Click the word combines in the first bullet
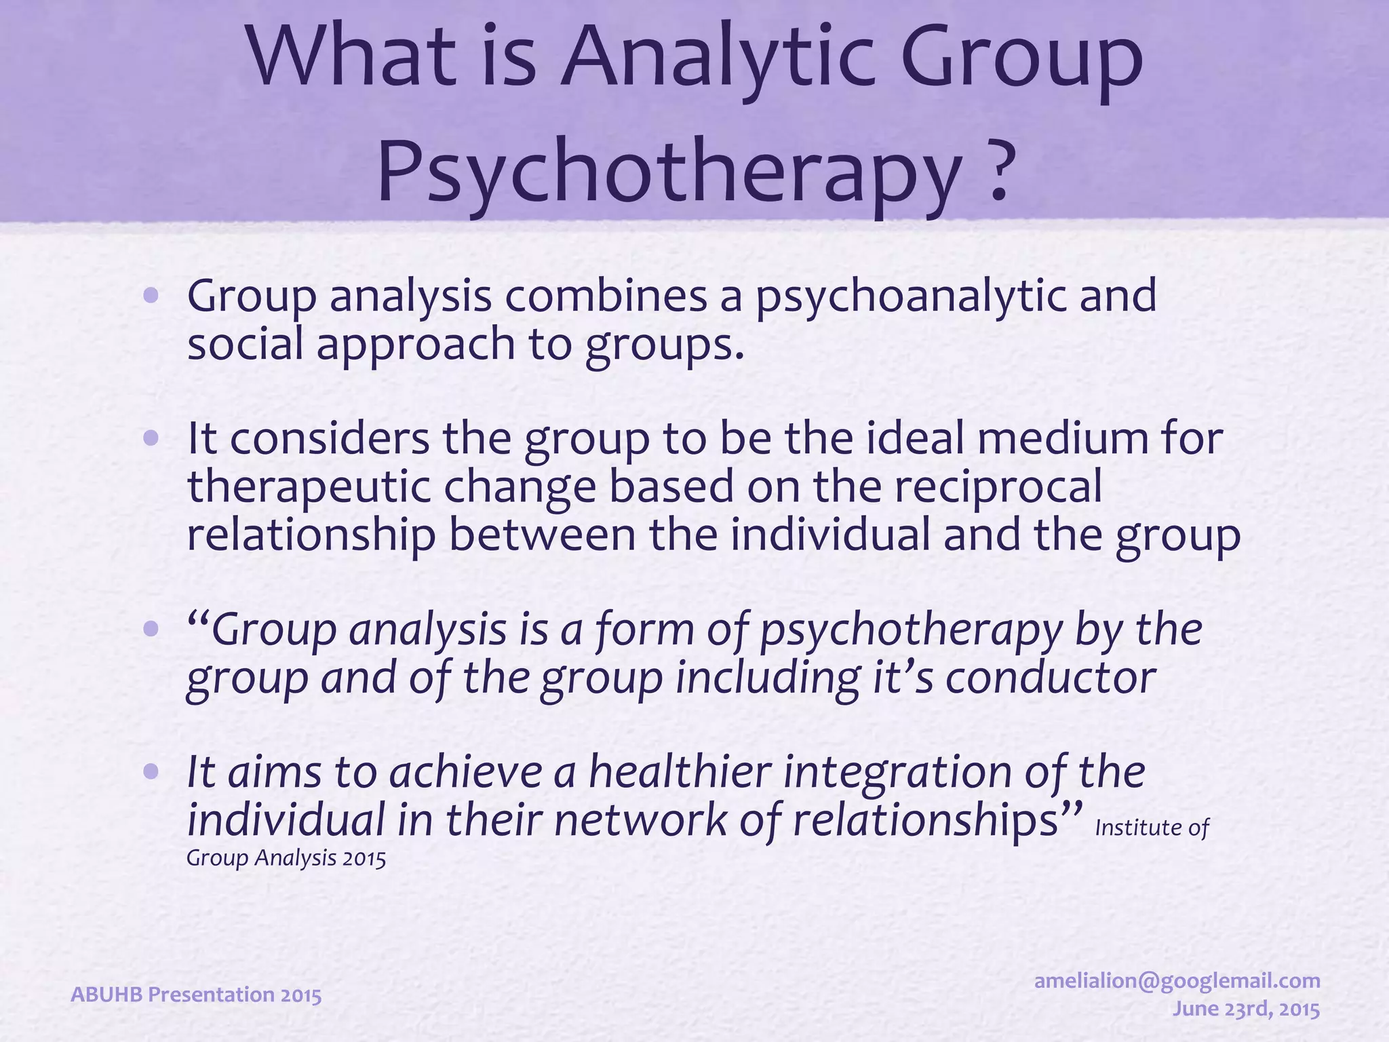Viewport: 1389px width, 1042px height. click(x=606, y=296)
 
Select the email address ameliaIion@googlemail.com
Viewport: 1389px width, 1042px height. click(x=1177, y=980)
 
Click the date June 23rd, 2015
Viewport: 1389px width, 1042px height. click(x=1247, y=1009)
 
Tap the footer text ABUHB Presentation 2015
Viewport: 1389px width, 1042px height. click(x=196, y=995)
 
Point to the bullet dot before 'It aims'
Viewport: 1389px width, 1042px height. click(x=151, y=772)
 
